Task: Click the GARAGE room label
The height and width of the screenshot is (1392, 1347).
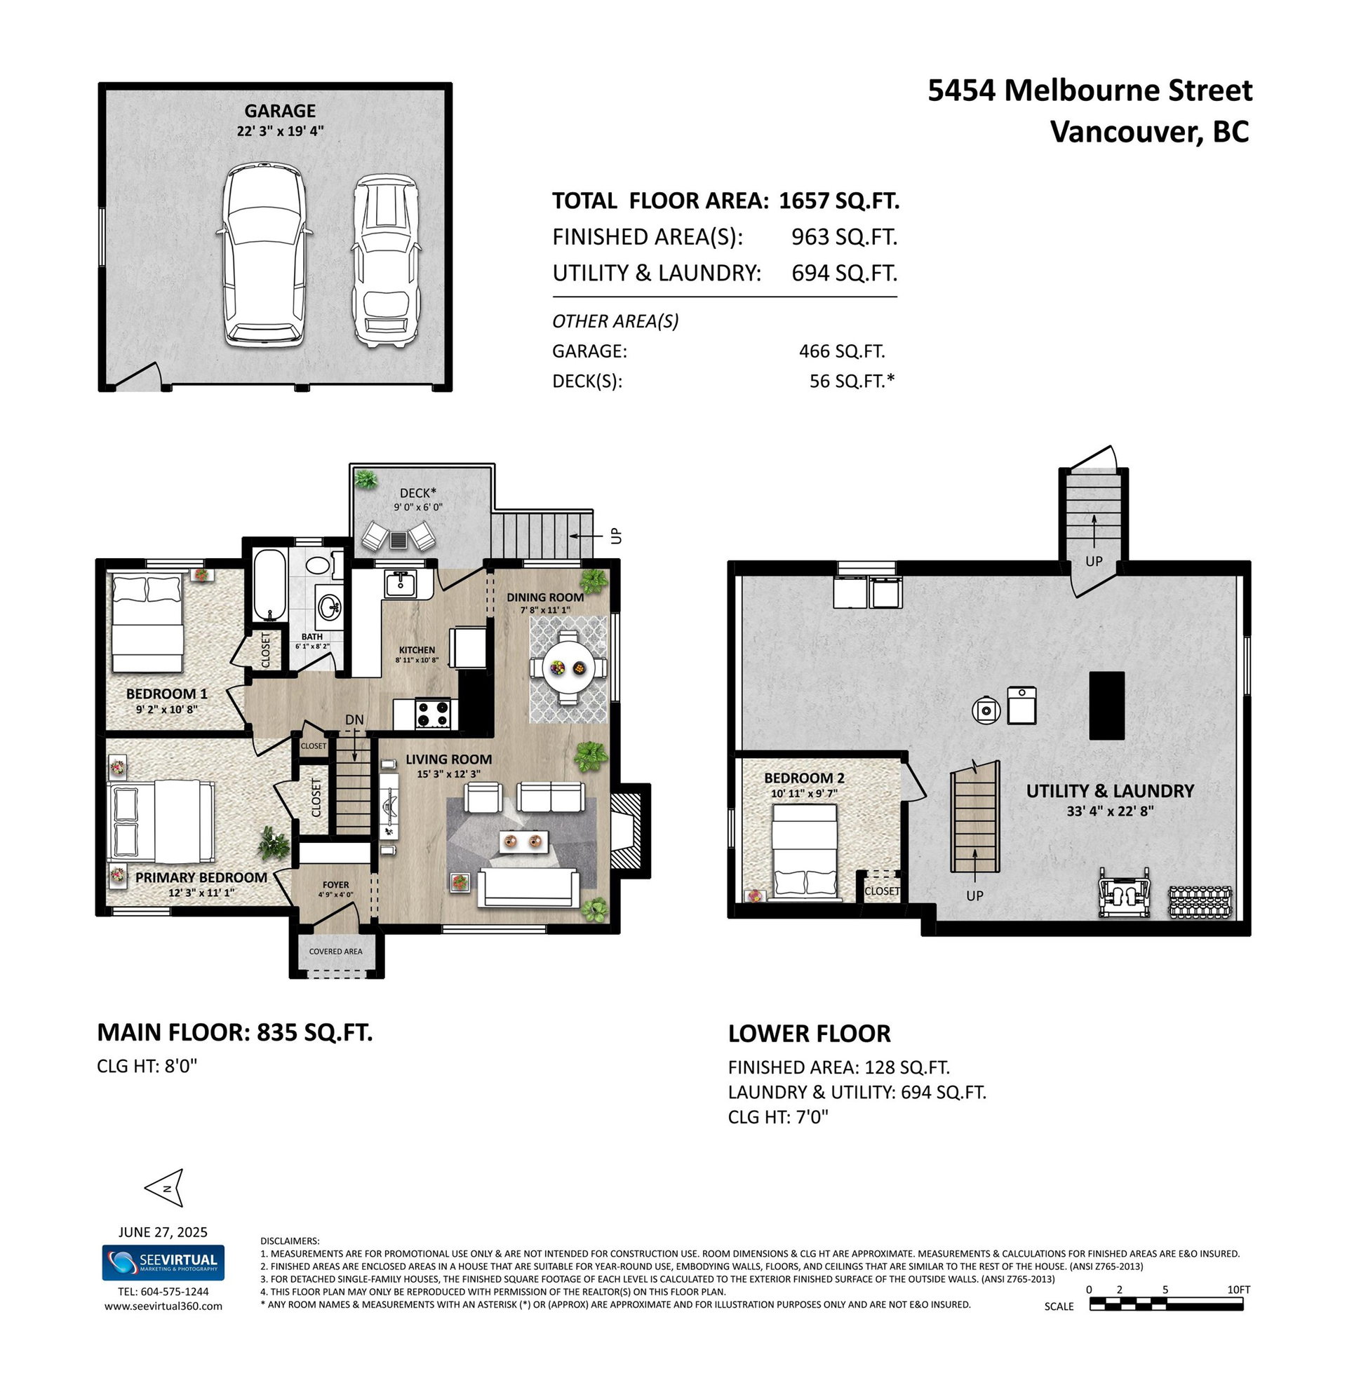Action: point(280,111)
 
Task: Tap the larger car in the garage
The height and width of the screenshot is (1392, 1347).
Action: point(264,256)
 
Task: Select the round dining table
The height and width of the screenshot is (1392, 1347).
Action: point(567,668)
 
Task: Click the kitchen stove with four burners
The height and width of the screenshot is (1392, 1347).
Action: point(434,713)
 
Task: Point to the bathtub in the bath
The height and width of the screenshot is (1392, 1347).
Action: point(270,583)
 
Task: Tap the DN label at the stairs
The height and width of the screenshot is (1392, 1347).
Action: point(354,719)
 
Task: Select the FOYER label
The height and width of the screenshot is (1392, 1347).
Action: point(335,885)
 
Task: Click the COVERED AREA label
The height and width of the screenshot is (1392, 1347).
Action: point(335,951)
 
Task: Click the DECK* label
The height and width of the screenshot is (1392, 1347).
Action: point(417,493)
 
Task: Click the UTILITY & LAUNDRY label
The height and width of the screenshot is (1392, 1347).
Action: point(1110,790)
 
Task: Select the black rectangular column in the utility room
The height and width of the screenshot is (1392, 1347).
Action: point(1107,705)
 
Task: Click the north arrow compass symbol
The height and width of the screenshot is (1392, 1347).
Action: point(165,1187)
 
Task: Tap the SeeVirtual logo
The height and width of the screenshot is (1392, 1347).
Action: point(163,1264)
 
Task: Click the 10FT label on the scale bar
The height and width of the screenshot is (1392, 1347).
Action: point(1238,1290)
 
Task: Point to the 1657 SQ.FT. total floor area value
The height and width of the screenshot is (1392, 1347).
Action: point(839,201)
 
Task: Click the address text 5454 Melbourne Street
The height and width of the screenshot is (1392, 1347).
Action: point(1090,91)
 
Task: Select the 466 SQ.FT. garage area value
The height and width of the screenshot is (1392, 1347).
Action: point(842,351)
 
